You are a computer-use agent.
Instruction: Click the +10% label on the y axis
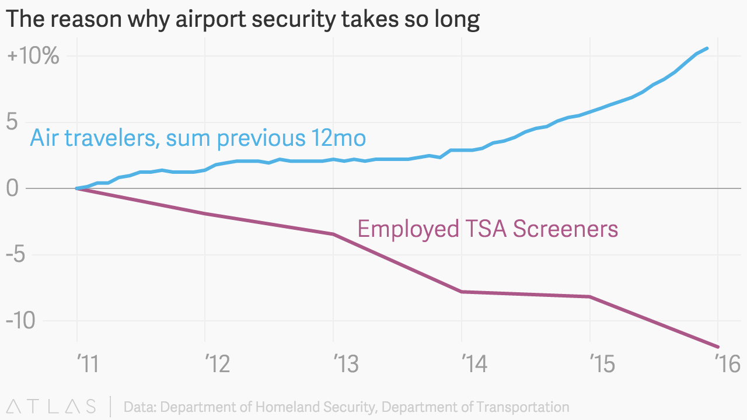coord(33,57)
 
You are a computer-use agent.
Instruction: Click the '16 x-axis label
coord(727,364)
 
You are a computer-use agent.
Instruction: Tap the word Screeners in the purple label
coord(565,228)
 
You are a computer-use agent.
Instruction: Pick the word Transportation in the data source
coord(516,407)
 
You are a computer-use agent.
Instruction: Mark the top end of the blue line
coord(707,48)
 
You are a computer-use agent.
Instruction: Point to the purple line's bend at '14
coord(462,292)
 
